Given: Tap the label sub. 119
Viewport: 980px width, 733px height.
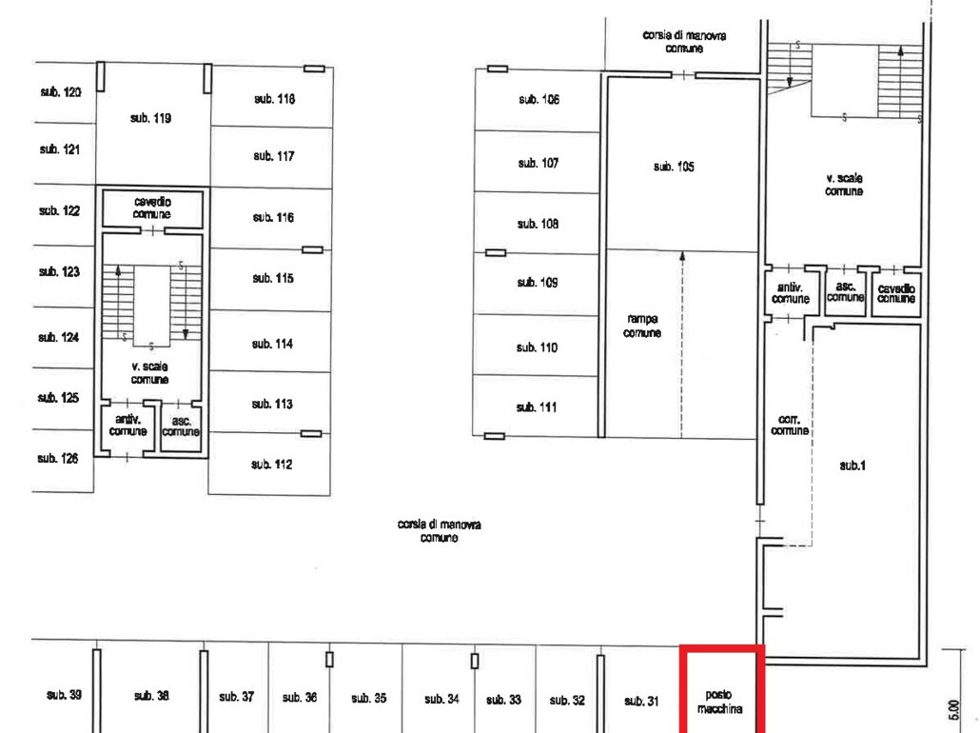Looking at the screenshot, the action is tap(150, 118).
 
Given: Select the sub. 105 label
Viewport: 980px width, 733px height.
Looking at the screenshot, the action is tap(674, 167).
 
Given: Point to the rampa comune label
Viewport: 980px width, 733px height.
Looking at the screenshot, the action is tap(642, 326).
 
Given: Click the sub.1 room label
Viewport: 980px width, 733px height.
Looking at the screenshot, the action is tap(853, 466).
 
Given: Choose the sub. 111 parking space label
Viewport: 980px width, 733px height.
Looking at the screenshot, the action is tap(537, 407).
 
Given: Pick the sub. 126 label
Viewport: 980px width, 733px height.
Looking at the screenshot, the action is tap(57, 459).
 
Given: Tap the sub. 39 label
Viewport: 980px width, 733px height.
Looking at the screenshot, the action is tap(64, 694).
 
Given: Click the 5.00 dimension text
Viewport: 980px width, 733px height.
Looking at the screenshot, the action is tap(953, 710).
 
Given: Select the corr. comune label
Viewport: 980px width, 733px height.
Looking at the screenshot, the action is tap(790, 425).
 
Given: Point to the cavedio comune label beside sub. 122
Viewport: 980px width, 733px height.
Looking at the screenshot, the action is tap(152, 208).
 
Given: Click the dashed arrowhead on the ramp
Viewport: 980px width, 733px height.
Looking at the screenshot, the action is tap(682, 256).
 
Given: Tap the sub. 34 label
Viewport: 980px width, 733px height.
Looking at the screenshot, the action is tap(441, 699).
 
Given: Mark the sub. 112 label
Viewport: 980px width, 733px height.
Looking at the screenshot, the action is tap(272, 464).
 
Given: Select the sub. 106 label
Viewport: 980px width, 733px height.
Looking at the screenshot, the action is tap(539, 99).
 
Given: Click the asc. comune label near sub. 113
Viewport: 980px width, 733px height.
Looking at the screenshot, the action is tap(181, 426).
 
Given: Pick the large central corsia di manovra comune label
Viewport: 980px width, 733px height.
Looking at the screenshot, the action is tap(440, 530).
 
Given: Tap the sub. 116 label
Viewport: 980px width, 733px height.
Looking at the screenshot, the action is tap(273, 218).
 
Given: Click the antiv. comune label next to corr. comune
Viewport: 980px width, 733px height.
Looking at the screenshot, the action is tap(791, 292).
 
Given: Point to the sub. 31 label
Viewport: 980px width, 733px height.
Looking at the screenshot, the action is tap(641, 701).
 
